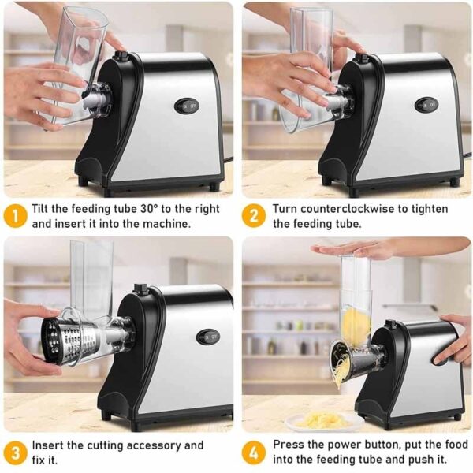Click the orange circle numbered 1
(x=15, y=216)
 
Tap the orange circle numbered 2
(x=254, y=216)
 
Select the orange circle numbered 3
(x=15, y=453)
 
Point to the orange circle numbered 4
(x=254, y=453)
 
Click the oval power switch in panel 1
(x=187, y=106)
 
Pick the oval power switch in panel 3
(x=208, y=337)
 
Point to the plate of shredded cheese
(x=322, y=421)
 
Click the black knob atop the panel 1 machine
(x=121, y=57)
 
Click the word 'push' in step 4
(x=420, y=460)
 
